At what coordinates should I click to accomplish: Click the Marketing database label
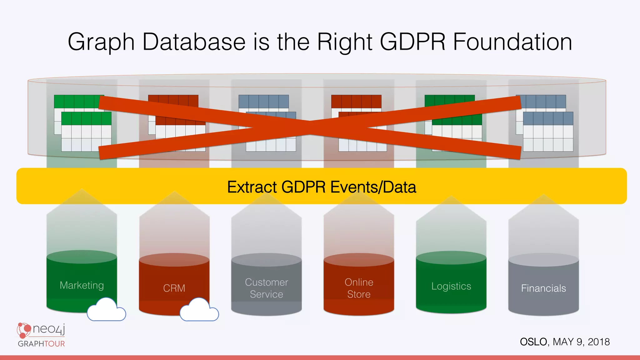[82, 285]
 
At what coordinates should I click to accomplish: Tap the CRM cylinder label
[174, 288]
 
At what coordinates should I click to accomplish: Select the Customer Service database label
[266, 288]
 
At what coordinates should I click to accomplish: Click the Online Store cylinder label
[359, 288]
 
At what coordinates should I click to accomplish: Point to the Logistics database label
[451, 286]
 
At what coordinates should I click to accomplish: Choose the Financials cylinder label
[543, 288]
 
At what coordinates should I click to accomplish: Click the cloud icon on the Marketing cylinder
[106, 310]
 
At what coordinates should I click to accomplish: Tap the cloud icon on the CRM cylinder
[199, 310]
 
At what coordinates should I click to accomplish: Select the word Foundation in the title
[512, 42]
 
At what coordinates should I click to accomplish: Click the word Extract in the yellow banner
[252, 187]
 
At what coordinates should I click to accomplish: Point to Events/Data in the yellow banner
[373, 187]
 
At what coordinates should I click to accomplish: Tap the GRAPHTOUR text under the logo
[41, 344]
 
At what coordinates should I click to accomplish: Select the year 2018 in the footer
[598, 342]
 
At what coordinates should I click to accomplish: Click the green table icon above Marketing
[83, 123]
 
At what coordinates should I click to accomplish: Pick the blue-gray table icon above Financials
[544, 123]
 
